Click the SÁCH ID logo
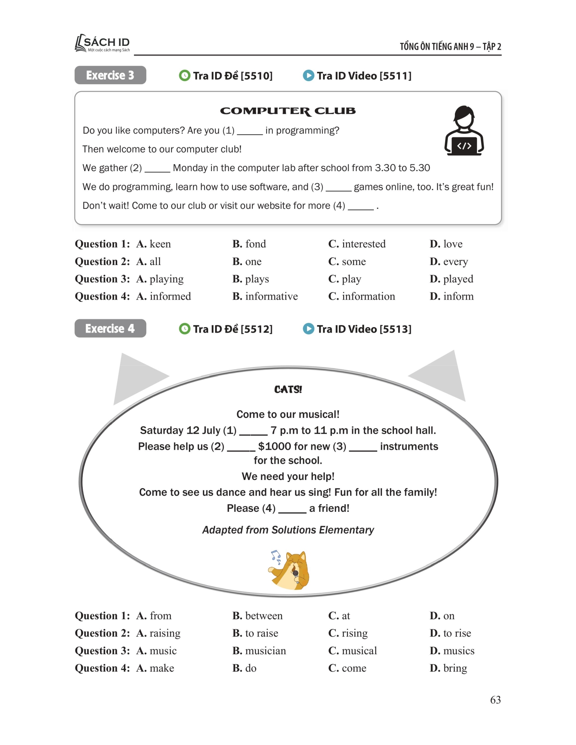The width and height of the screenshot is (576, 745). pos(102,43)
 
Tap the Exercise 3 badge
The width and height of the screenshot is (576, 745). pos(110,75)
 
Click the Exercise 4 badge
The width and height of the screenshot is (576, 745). pos(110,329)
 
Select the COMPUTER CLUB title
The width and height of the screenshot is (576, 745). pos(288,111)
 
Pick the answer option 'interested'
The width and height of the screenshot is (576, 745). pos(363,244)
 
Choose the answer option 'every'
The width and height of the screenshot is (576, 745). pos(455,262)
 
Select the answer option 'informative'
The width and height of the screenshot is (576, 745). pos(271,296)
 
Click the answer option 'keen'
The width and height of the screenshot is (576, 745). pos(160,244)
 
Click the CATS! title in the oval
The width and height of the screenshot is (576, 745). pos(288,390)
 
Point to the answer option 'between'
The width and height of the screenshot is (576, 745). pos(264,616)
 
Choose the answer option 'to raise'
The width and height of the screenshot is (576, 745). pos(261,633)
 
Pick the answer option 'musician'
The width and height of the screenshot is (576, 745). pos(265,651)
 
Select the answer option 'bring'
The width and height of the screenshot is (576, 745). pos(455,668)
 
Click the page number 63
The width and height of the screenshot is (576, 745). pos(495,700)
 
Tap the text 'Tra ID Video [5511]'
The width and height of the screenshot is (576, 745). pos(364,76)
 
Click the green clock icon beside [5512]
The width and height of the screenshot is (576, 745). pos(185,329)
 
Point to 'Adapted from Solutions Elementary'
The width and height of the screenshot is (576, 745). pos(288,530)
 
